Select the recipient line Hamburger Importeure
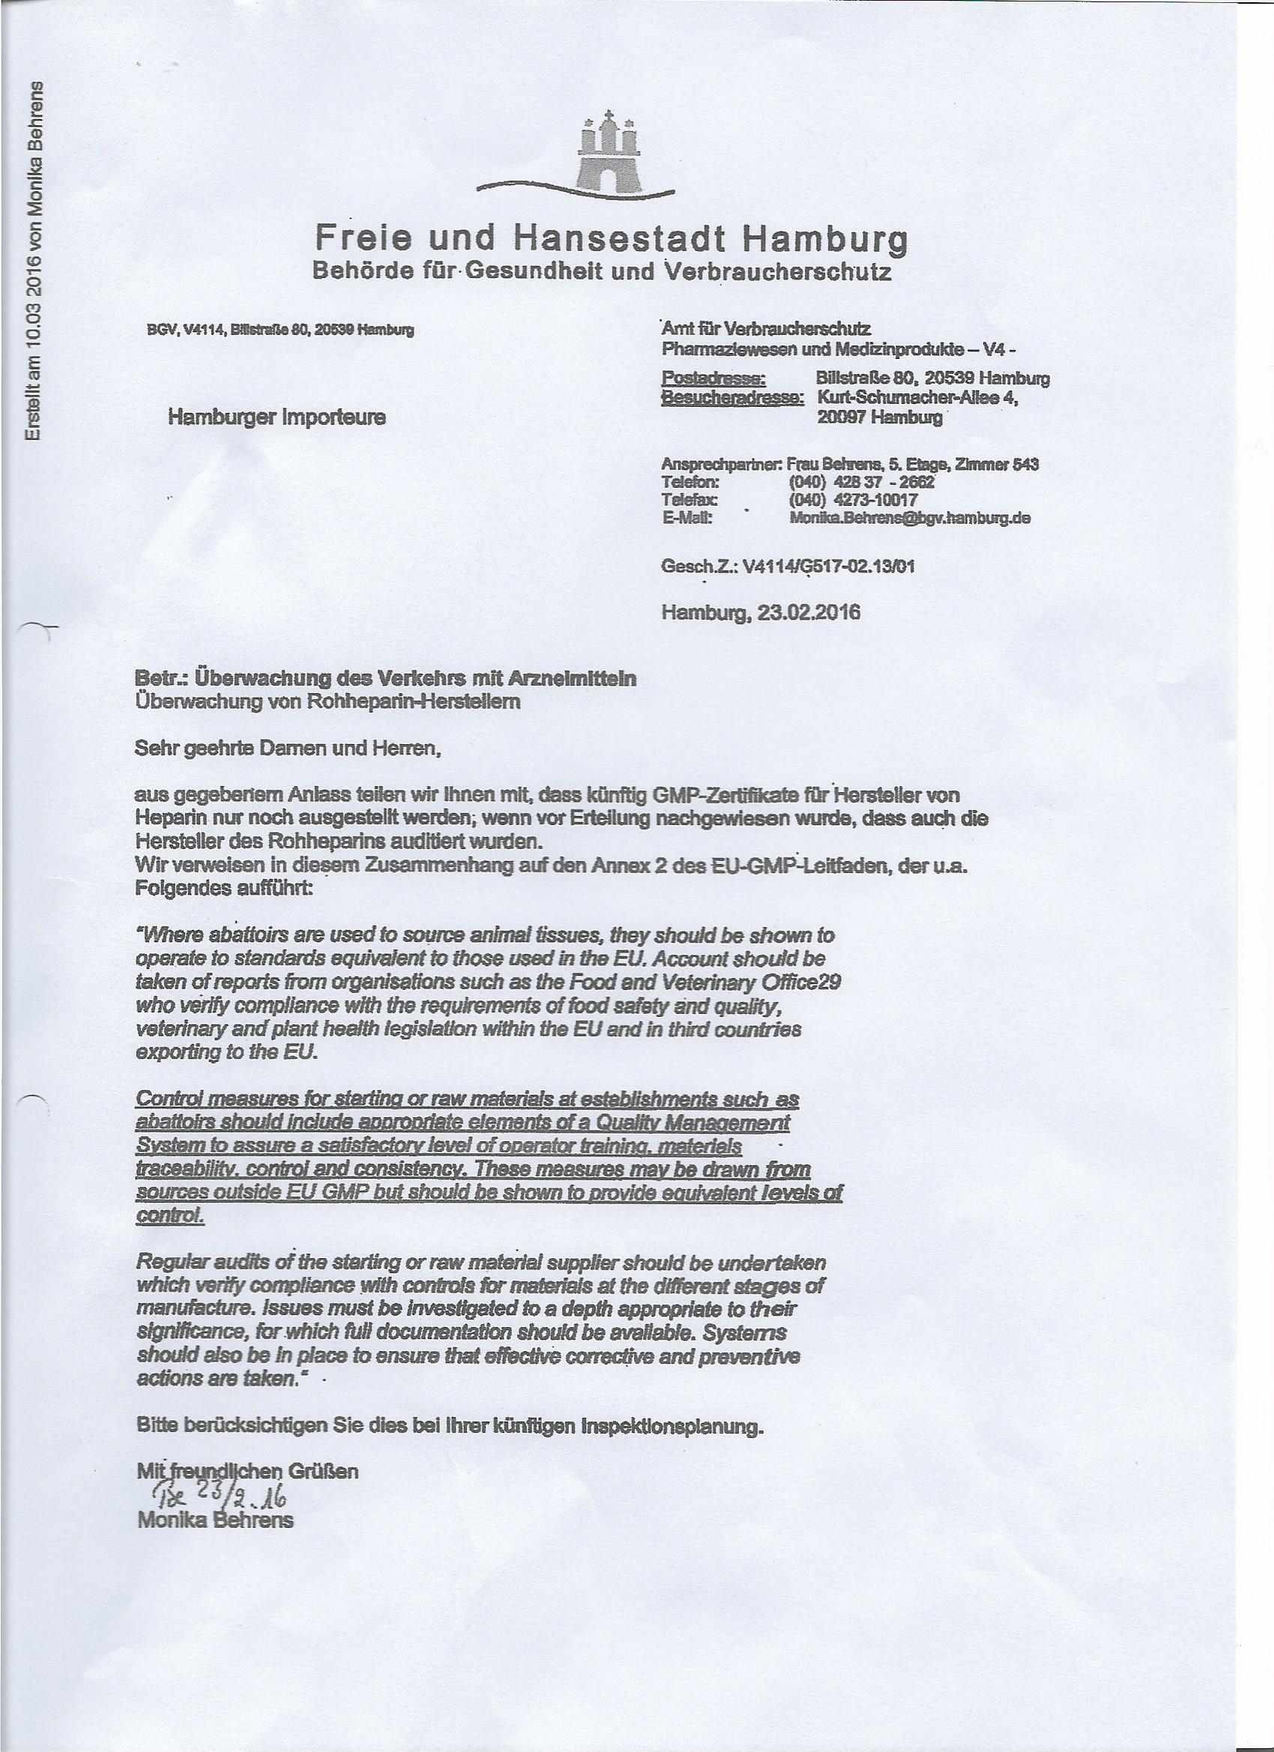(x=277, y=417)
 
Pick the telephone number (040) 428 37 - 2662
(x=860, y=483)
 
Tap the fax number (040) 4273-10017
(x=852, y=501)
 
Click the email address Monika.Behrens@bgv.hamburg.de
(x=909, y=519)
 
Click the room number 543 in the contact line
(x=1024, y=465)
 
